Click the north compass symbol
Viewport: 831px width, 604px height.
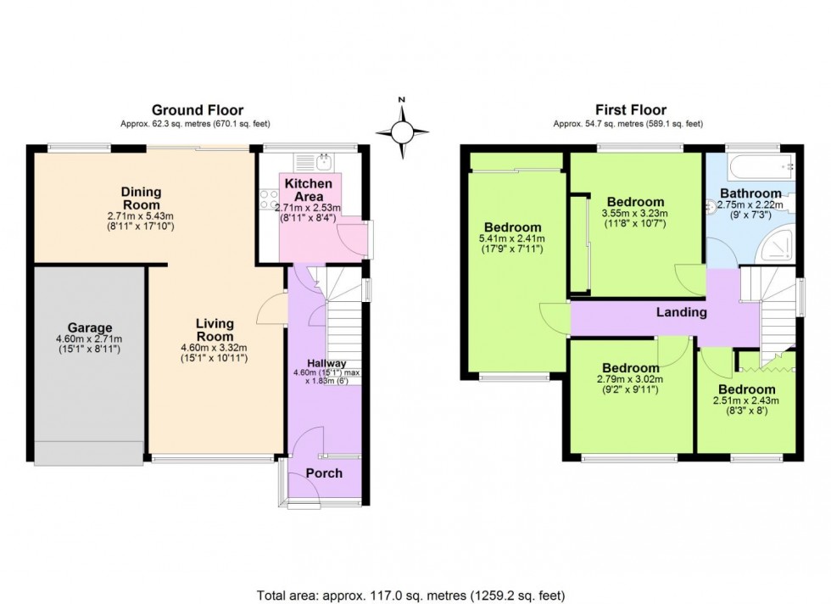click(x=403, y=131)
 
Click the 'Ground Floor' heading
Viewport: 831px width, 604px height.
click(x=197, y=110)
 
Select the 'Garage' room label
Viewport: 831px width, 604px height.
click(x=90, y=327)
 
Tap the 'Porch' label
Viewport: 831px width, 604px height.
click(x=324, y=473)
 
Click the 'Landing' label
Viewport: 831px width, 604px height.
click(x=682, y=312)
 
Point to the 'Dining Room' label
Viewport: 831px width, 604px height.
click(x=141, y=199)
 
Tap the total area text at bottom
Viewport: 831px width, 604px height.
click(x=410, y=596)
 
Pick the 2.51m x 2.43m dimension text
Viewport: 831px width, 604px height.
click(x=745, y=401)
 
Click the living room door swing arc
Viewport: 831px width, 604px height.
click(x=269, y=307)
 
